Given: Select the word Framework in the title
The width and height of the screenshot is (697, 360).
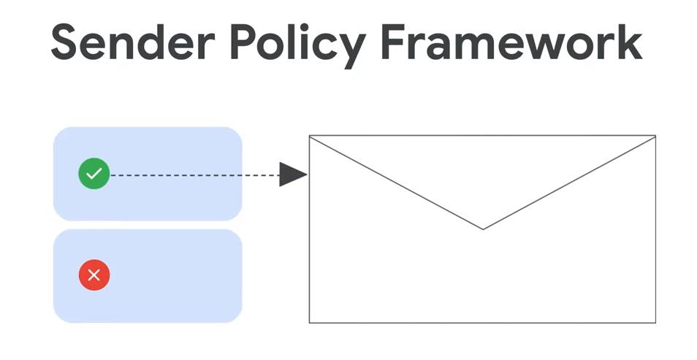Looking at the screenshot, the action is coord(511,42).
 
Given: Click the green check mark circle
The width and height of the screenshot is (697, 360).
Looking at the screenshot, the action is coord(94,173).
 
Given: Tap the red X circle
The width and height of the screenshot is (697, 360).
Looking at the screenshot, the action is coord(94,275).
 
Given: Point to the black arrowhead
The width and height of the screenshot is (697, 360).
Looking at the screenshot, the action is coord(293,175).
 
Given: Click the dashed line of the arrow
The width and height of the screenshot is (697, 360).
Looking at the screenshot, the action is coord(194,175).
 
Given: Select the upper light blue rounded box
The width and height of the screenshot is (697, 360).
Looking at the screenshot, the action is coord(148,174).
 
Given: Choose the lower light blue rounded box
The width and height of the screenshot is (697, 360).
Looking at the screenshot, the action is coord(148,276).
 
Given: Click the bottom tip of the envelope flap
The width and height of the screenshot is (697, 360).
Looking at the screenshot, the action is coord(483,229).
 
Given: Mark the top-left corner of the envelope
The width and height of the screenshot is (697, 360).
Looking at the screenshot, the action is coord(309,136).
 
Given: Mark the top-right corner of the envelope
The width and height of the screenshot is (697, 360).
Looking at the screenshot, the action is coord(655,136).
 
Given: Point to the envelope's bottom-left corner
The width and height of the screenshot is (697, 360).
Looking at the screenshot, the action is coord(309,323).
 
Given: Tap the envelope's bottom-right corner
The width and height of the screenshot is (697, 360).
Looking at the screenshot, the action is coord(655,323).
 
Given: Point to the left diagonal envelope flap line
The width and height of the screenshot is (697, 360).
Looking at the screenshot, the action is coord(396,183).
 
